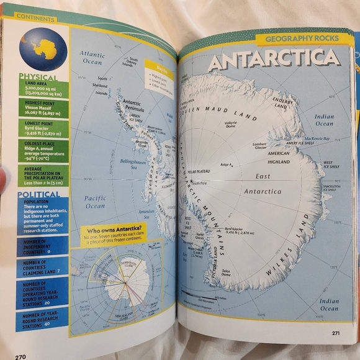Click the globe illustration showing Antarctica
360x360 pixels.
pos(42,48)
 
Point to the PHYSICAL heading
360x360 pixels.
pos(38,77)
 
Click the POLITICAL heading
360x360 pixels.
pos(38,194)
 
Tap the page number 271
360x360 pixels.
pos(335,333)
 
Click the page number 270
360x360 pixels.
pos(20,356)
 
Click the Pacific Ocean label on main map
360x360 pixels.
pos(94,202)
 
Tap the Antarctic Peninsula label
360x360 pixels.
pos(132,106)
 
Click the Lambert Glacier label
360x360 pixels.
pos(260,146)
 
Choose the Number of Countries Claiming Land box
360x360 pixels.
pos(42,268)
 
